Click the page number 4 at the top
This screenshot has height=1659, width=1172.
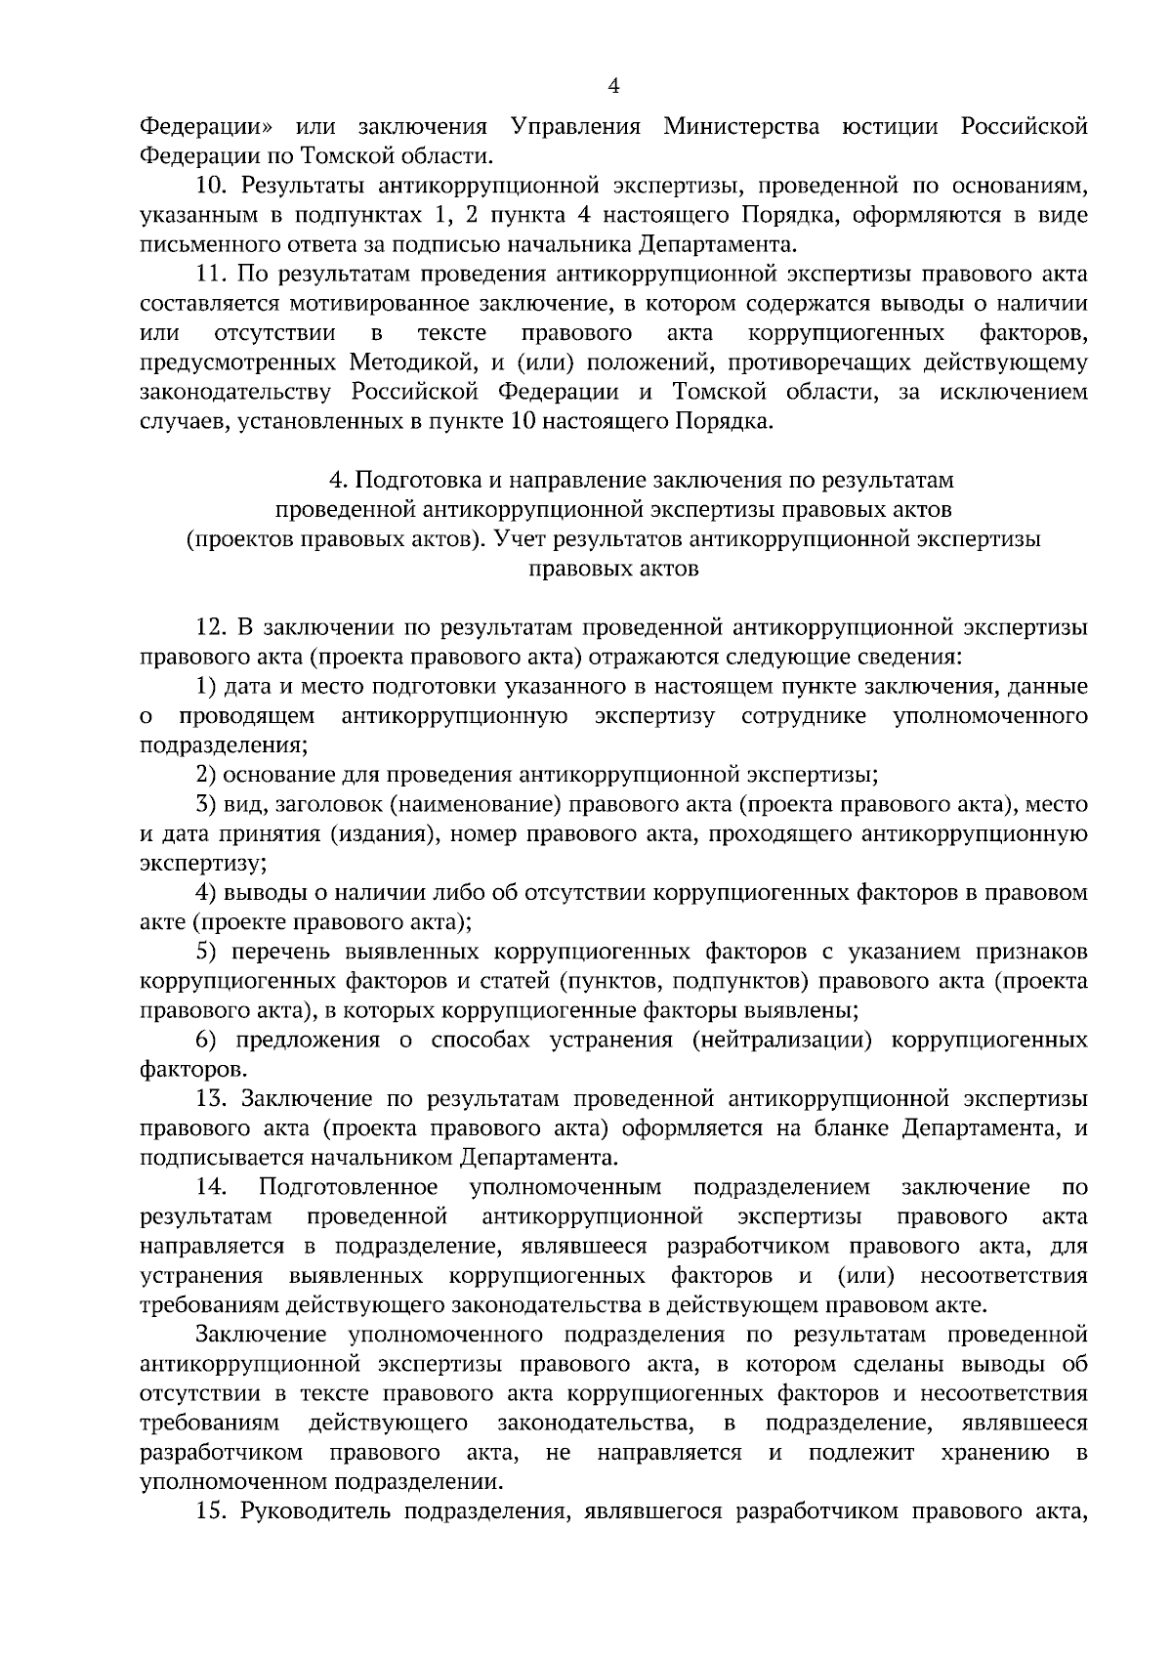tap(613, 87)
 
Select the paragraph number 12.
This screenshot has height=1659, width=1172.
tap(212, 628)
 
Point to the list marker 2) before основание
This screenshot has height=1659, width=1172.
tap(205, 776)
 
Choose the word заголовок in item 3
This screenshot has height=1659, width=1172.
tap(325, 805)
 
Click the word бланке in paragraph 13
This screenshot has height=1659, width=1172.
tap(847, 1128)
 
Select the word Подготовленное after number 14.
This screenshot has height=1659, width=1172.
tap(348, 1187)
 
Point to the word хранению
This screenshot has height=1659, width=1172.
tap(995, 1452)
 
